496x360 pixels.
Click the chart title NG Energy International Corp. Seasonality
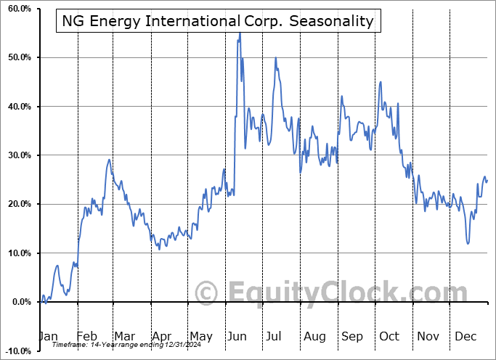pyautogui.click(x=216, y=21)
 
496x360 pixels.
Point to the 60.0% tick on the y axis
pyautogui.click(x=16, y=9)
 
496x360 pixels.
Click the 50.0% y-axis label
pyautogui.click(x=16, y=57)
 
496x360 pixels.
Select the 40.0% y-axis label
pyautogui.click(x=16, y=107)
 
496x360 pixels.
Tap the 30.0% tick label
pyautogui.click(x=16, y=155)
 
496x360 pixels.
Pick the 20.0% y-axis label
pyautogui.click(x=16, y=204)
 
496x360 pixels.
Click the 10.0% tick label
pyautogui.click(x=16, y=253)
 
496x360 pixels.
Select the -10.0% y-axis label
pyautogui.click(x=15, y=351)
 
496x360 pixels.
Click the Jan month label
pyautogui.click(x=47, y=337)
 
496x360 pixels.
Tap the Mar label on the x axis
pyautogui.click(x=124, y=337)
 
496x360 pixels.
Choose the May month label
pyautogui.click(x=200, y=337)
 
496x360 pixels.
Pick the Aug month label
pyautogui.click(x=314, y=337)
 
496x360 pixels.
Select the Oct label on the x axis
pyautogui.click(x=389, y=337)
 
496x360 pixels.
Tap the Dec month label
pyautogui.click(x=465, y=337)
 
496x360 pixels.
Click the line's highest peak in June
pyautogui.click(x=240, y=33)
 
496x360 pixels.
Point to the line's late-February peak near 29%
pyautogui.click(x=109, y=160)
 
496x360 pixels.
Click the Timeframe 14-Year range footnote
pyautogui.click(x=123, y=345)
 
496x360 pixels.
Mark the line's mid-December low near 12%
pyautogui.click(x=468, y=243)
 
